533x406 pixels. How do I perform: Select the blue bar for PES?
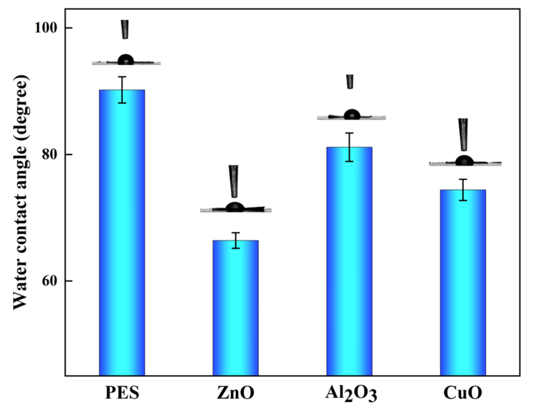pos(122,233)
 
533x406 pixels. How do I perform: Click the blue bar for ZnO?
pos(235,309)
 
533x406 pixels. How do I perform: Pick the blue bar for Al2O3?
pos(349,263)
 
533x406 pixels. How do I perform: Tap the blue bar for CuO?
pos(463,282)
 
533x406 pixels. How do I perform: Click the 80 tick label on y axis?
pos(52,154)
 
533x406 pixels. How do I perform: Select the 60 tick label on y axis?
pos(52,281)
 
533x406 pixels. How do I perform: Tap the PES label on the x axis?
pos(122,393)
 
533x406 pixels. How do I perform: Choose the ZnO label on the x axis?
pos(235,393)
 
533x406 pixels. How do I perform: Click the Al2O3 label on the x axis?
pos(351,393)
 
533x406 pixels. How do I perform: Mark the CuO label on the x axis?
pos(463,393)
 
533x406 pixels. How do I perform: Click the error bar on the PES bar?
pos(122,90)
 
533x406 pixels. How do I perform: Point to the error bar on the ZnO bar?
pos(236,240)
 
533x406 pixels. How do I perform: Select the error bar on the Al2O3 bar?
pos(349,147)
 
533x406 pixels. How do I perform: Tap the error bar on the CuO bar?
pos(463,190)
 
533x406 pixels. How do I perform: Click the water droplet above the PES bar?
pos(126,60)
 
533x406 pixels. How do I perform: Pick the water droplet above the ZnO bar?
pos(235,207)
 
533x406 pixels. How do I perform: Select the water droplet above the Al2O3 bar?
pos(352,115)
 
